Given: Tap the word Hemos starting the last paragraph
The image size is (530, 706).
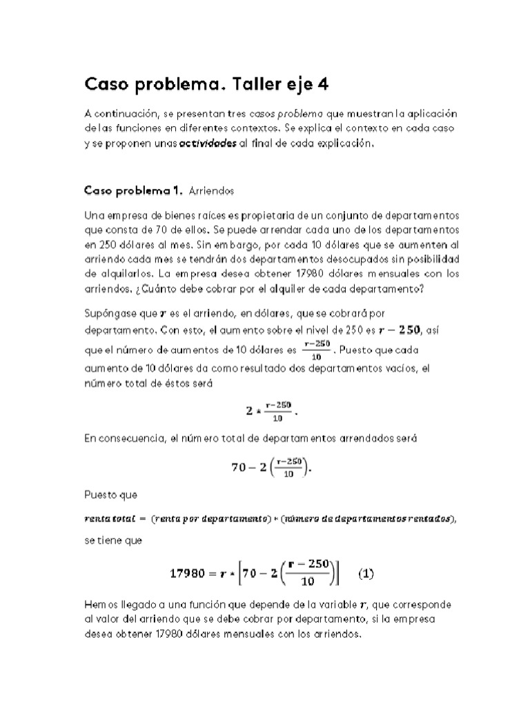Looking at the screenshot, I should (100, 605).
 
